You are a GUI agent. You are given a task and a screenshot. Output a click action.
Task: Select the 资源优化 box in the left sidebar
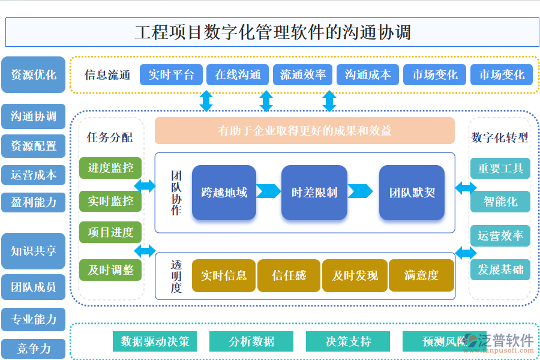pos(33,75)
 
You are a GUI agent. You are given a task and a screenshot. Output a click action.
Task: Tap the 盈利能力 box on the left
pos(33,202)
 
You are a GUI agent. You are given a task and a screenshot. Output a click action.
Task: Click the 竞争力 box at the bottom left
pos(33,349)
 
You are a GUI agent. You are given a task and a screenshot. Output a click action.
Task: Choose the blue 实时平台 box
pos(171,75)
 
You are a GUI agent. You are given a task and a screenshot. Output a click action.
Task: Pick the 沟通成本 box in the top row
pos(367,75)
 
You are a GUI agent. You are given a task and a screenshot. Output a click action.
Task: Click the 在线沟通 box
pos(238,75)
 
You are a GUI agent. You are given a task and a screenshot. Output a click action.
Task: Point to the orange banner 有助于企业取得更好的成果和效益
pos(304,131)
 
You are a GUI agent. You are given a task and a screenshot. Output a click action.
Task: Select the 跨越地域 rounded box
pos(224,193)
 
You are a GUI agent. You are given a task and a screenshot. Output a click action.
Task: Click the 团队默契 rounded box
pos(412,193)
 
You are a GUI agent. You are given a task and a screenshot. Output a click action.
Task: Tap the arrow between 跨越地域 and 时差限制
pos(268,191)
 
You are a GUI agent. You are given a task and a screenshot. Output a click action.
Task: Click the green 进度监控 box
pos(110,168)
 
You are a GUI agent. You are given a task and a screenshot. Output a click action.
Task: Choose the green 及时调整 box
pos(110,270)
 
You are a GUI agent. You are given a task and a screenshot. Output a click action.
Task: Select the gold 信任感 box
pos(289,275)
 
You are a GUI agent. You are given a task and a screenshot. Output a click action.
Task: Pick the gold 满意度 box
pos(421,275)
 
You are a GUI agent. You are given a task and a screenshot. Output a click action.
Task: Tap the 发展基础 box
pos(500,269)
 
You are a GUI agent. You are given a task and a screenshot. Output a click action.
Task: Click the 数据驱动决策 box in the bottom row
pos(155,341)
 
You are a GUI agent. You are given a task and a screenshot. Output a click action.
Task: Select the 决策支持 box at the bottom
pos(348,341)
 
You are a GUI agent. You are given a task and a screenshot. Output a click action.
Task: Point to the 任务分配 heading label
pos(110,137)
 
